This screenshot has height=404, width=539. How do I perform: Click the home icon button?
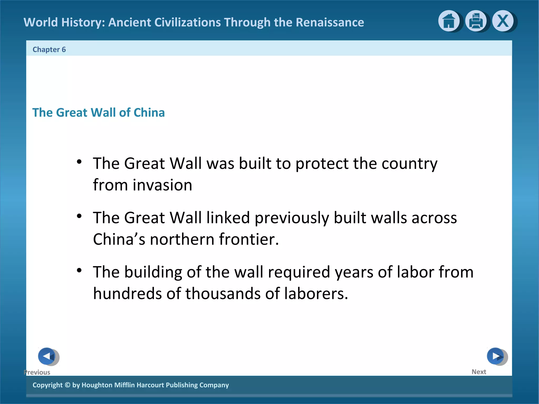pyautogui.click(x=449, y=21)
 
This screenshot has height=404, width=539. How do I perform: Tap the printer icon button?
pyautogui.click(x=476, y=21)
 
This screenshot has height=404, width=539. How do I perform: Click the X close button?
pyautogui.click(x=503, y=21)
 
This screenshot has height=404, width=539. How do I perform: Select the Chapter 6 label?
pyautogui.click(x=49, y=49)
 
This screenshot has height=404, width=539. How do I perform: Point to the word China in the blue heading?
pyautogui.click(x=149, y=113)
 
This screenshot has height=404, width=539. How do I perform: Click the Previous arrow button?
pyautogui.click(x=47, y=356)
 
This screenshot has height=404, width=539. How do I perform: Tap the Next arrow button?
pyautogui.click(x=496, y=356)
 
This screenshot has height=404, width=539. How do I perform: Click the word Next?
pyautogui.click(x=479, y=372)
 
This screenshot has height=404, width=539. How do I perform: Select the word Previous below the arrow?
pyautogui.click(x=37, y=372)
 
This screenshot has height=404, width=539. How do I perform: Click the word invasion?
pyautogui.click(x=162, y=185)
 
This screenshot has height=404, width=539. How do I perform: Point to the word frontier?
pyautogui.click(x=248, y=239)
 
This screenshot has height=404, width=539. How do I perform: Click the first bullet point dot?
pyautogui.click(x=79, y=162)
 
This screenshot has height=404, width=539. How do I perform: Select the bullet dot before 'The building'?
pyautogui.click(x=79, y=270)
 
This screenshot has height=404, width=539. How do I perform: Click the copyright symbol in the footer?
pyautogui.click(x=67, y=385)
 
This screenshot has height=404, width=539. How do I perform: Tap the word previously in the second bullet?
pyautogui.click(x=292, y=218)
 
